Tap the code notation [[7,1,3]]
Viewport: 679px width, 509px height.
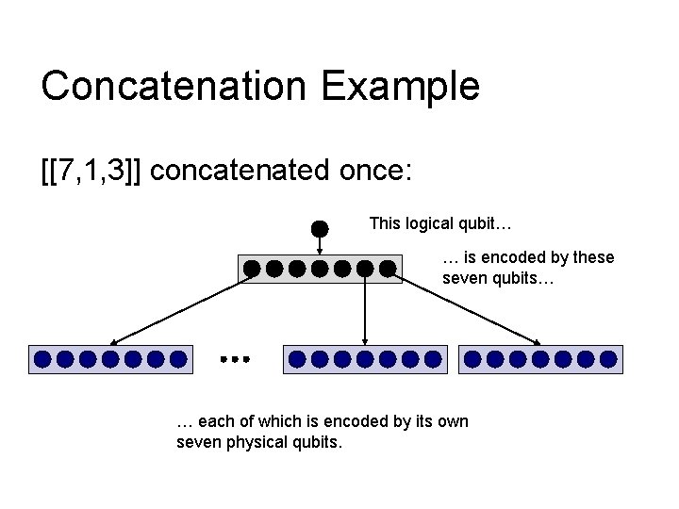[x=91, y=171]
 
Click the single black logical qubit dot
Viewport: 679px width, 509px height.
[x=320, y=228]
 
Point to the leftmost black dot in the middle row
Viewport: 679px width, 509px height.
[x=252, y=269]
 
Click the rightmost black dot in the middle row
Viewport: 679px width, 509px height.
[x=387, y=269]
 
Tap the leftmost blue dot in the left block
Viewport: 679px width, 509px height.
[x=42, y=358]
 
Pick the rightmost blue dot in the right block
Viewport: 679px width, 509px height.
[x=608, y=358]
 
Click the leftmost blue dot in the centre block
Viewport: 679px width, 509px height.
[x=297, y=358]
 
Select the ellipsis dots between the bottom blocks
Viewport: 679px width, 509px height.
[x=233, y=359]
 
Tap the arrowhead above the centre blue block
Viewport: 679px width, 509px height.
[x=365, y=340]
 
